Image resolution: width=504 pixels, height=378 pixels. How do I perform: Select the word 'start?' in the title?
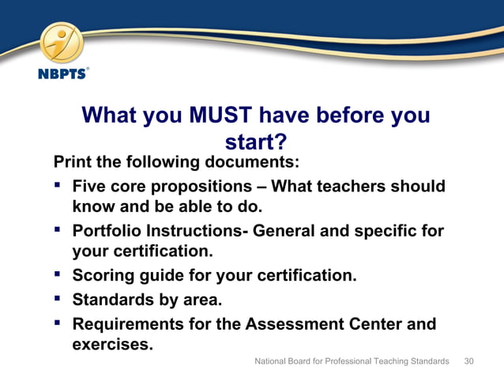point(255,142)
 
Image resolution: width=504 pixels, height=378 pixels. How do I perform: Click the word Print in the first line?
point(72,163)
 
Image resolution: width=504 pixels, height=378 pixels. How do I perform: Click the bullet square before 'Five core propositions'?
point(58,186)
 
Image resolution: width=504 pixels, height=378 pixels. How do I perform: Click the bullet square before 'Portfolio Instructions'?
point(58,231)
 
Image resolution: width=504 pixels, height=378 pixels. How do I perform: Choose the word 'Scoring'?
point(103,277)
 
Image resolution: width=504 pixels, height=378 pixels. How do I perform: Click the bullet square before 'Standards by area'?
point(58,299)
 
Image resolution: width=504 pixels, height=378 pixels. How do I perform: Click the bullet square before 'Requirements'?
point(58,323)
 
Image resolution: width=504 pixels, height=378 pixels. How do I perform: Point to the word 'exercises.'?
point(112,344)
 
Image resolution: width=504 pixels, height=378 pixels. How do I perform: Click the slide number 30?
point(469,361)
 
